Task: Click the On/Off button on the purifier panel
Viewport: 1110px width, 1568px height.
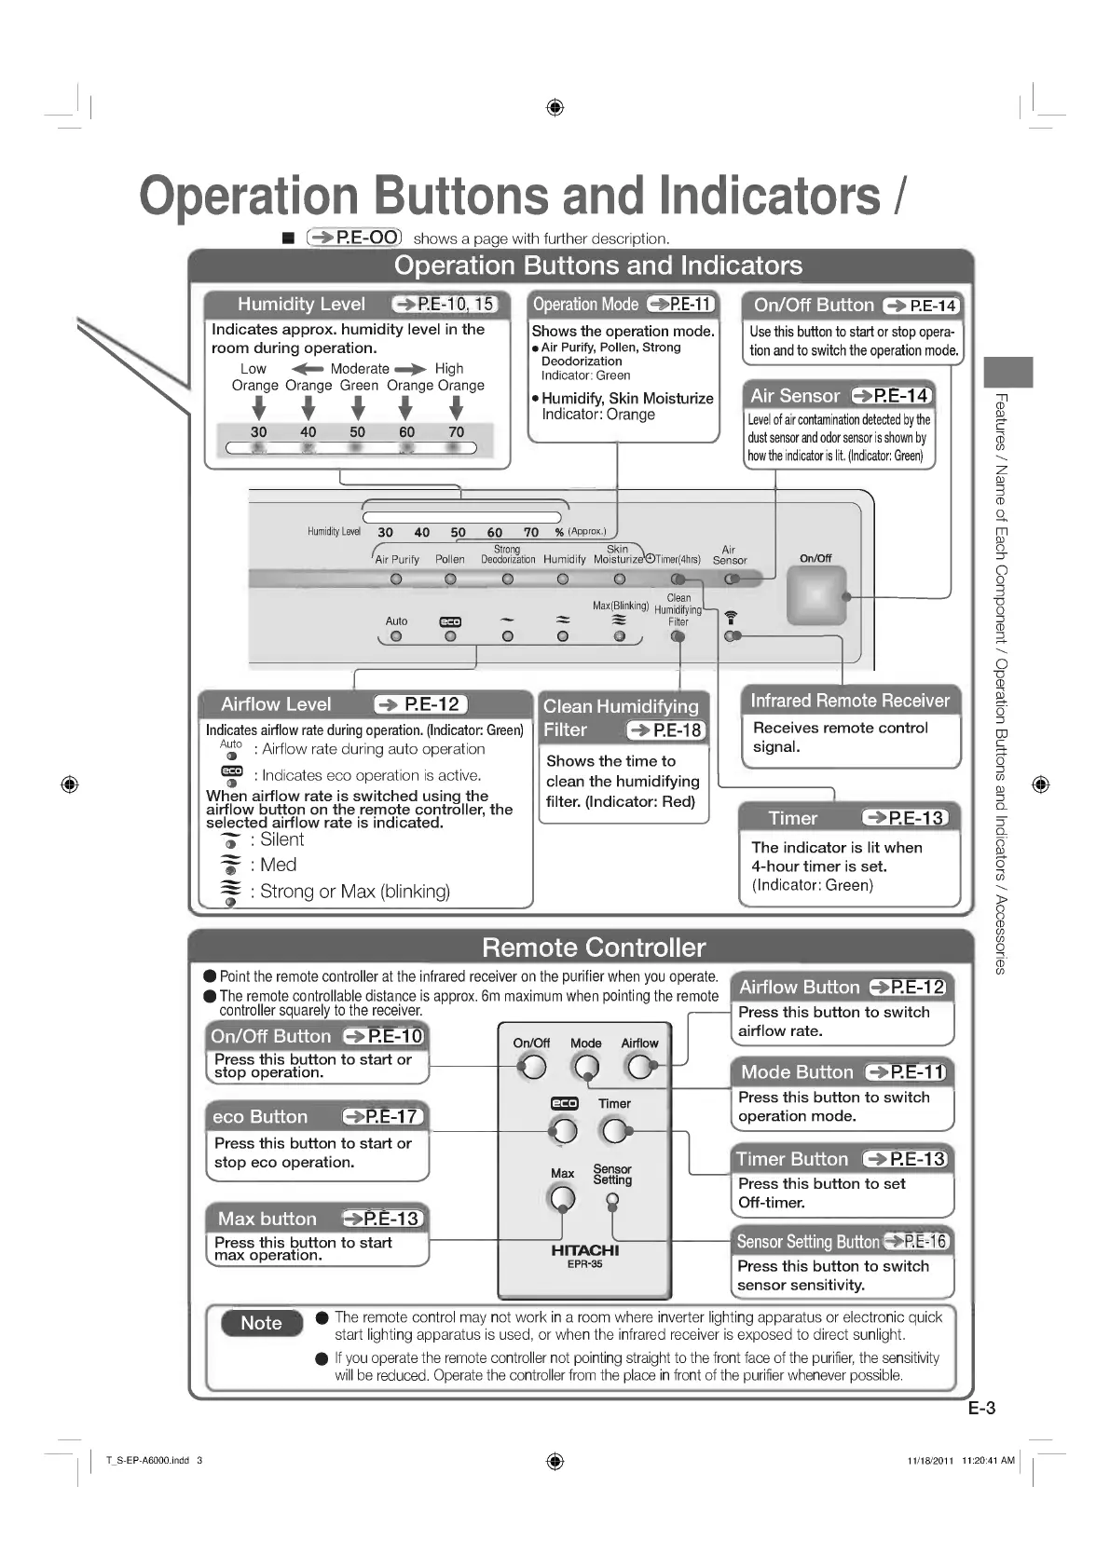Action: (x=815, y=594)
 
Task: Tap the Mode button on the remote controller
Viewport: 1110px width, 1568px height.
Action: (x=586, y=1066)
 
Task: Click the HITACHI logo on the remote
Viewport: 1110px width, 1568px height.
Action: (x=584, y=1250)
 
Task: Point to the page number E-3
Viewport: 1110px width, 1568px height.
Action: (x=981, y=1408)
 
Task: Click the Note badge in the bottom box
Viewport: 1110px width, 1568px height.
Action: (x=261, y=1323)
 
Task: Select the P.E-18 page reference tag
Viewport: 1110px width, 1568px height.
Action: (x=666, y=730)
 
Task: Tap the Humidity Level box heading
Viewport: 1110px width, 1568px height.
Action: (x=301, y=305)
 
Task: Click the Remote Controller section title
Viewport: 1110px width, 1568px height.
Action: (x=594, y=948)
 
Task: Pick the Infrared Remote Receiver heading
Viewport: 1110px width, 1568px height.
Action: (x=849, y=701)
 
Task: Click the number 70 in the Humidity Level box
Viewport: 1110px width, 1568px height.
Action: (x=456, y=432)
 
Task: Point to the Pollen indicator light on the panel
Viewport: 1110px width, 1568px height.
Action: (x=450, y=579)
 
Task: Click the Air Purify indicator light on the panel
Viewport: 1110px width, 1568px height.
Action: (x=396, y=579)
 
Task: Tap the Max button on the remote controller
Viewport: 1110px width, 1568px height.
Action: (x=562, y=1198)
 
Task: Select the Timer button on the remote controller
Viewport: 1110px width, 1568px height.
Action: (x=614, y=1131)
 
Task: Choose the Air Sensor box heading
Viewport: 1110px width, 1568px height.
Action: (x=795, y=396)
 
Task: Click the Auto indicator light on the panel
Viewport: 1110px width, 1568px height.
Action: (x=396, y=637)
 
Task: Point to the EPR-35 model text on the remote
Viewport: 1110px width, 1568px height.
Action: (x=584, y=1264)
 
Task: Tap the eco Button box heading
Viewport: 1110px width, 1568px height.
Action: (x=260, y=1116)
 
